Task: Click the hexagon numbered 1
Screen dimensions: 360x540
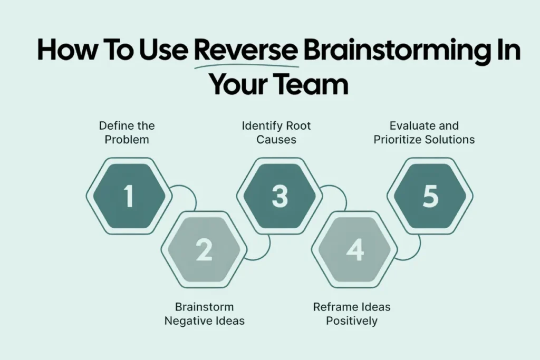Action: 129,196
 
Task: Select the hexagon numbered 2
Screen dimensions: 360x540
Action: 204,250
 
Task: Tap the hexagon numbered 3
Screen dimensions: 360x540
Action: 279,196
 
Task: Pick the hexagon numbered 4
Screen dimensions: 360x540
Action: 354,250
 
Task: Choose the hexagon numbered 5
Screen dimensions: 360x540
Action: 430,196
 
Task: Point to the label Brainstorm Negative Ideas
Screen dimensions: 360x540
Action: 204,314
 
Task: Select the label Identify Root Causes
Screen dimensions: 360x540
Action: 276,133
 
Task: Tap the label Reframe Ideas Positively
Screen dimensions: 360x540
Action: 352,314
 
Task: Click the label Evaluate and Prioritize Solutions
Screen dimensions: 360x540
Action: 424,133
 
